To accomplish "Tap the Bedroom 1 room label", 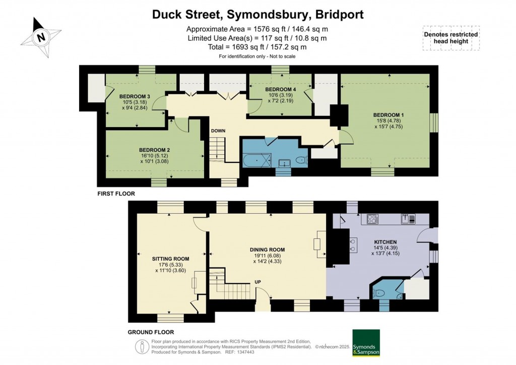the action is [x=389, y=115].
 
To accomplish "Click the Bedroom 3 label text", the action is [x=135, y=96].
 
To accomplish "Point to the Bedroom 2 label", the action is [x=154, y=150].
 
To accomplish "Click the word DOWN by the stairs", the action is [x=218, y=131].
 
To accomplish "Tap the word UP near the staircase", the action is [x=257, y=282].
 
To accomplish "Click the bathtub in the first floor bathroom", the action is [x=257, y=160].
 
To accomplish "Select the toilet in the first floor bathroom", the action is [x=301, y=160].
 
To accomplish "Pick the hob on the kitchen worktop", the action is [x=372, y=219].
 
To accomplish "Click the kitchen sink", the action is [x=408, y=218].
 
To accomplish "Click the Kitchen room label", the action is [x=385, y=242].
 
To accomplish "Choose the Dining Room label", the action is [x=267, y=250].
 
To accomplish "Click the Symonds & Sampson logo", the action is [x=366, y=343].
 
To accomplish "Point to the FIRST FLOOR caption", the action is [x=116, y=194].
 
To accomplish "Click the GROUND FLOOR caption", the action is [x=151, y=332].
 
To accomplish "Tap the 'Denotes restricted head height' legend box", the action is [x=451, y=38].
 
